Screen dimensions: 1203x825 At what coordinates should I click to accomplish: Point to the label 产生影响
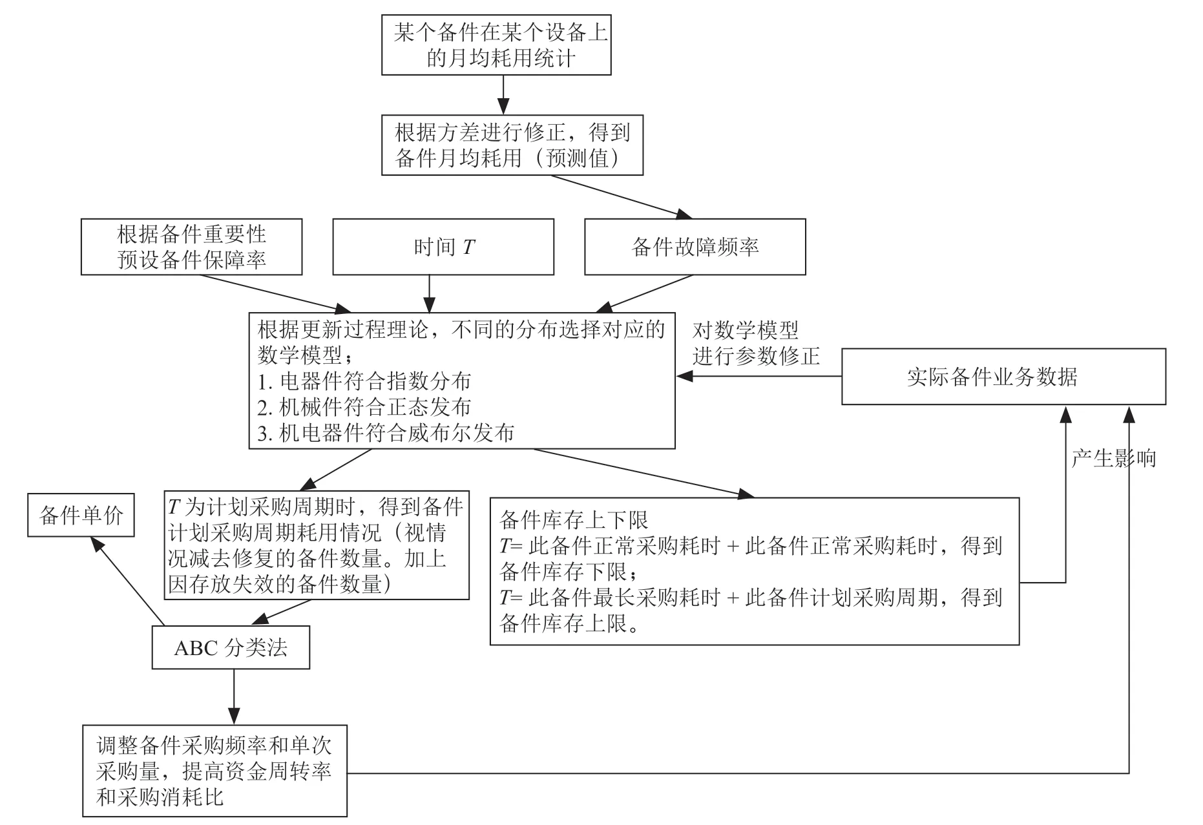coord(1113,459)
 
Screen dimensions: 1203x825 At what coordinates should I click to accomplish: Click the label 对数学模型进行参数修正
coord(757,343)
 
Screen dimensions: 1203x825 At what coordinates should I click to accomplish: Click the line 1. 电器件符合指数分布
coord(364,381)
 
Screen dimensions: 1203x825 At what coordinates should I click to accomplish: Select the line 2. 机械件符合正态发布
coord(364,407)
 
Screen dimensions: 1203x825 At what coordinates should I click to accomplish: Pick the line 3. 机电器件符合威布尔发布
coord(386,433)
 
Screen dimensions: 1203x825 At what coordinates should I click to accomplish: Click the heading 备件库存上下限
coord(574,520)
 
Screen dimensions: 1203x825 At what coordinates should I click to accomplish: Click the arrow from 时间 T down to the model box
coord(430,295)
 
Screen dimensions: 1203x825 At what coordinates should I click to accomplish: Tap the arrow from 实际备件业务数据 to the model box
coord(759,377)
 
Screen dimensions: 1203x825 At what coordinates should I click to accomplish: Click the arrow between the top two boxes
coord(503,95)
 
